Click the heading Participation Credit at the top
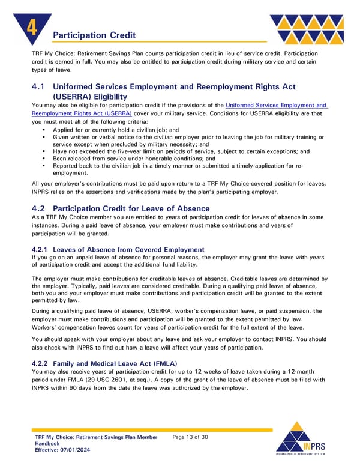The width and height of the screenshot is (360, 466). [94, 36]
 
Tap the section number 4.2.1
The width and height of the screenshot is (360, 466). [40, 249]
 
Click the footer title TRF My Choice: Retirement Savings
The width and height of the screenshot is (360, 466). [96, 437]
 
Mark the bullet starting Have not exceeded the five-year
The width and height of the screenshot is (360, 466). [180, 151]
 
